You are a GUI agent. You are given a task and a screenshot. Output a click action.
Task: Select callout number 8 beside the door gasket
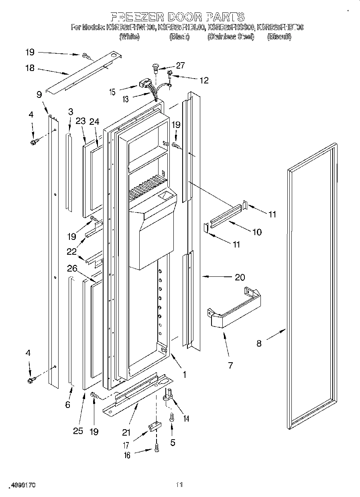click(259, 343)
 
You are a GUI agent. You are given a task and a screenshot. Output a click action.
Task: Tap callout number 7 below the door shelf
click(230, 365)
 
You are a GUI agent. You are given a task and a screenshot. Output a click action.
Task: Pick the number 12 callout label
click(204, 80)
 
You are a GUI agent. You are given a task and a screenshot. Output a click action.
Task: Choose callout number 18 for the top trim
click(30, 68)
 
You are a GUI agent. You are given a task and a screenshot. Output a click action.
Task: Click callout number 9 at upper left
click(39, 95)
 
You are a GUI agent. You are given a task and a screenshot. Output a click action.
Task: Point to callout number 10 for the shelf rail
click(256, 231)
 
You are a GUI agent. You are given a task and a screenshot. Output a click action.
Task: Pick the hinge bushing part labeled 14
click(167, 398)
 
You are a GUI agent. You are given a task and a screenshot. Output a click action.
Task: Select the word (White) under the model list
click(129, 37)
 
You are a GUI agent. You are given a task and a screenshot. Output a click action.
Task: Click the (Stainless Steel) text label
click(230, 37)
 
